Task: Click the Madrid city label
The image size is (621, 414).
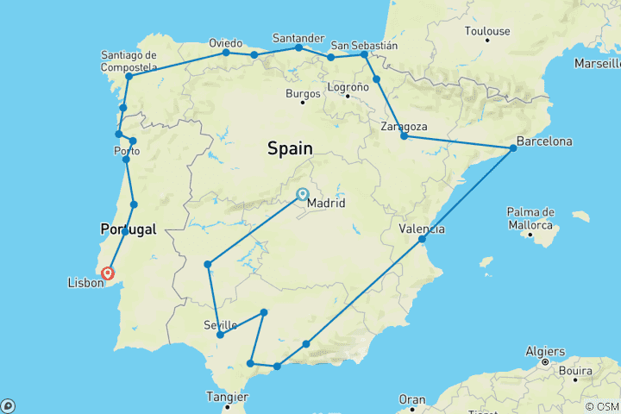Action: (x=327, y=204)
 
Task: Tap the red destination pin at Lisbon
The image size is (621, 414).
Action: (x=108, y=274)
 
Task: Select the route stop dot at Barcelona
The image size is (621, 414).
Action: (x=513, y=148)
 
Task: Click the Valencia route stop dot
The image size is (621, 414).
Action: (x=423, y=239)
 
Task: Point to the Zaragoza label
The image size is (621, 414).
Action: (x=405, y=126)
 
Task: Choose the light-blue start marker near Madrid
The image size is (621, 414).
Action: (x=303, y=193)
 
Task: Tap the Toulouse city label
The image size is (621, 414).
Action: (x=486, y=31)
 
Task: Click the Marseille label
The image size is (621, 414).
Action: (x=598, y=64)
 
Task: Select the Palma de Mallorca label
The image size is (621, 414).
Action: (x=530, y=218)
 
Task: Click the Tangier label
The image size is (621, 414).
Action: (x=226, y=396)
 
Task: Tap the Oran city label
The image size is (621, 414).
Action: (x=413, y=399)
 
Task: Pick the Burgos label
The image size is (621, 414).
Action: (x=303, y=91)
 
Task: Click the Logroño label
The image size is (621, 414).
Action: (x=349, y=85)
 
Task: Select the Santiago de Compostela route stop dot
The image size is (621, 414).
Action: (x=129, y=76)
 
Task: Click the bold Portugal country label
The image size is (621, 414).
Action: (x=129, y=229)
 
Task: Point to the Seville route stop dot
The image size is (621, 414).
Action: (x=221, y=335)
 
